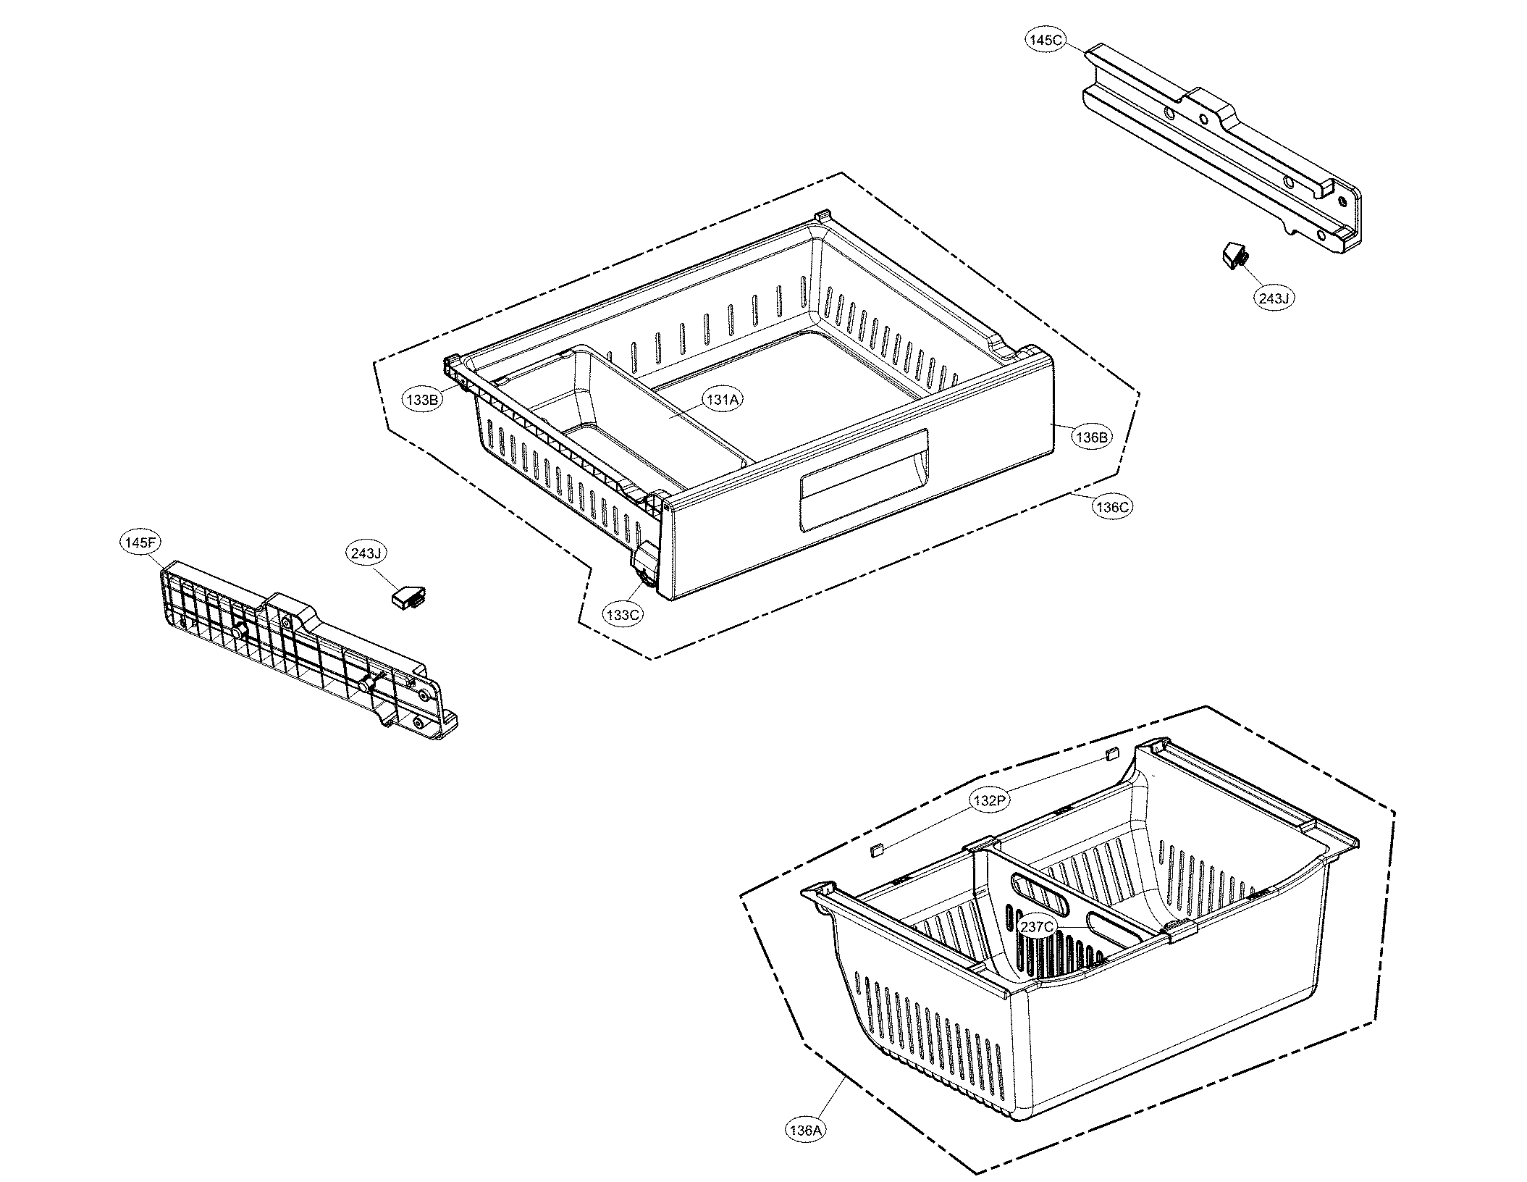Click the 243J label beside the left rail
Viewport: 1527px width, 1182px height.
point(366,554)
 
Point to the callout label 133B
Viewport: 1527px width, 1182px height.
point(423,399)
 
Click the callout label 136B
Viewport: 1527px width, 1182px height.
point(1092,437)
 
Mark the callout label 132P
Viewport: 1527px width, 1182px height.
point(989,800)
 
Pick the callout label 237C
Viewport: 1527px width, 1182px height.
point(1038,926)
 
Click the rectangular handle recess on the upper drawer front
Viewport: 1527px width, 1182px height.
point(862,492)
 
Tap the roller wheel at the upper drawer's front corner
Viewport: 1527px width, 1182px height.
point(644,576)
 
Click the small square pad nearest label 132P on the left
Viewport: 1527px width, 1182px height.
point(876,850)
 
